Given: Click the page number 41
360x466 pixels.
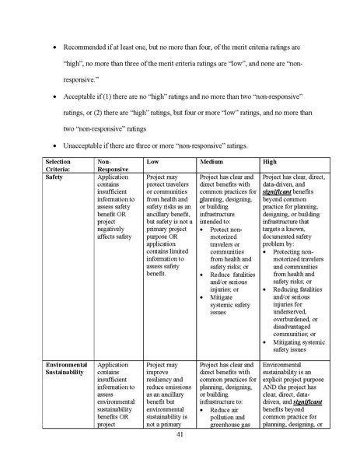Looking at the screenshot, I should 180,436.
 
